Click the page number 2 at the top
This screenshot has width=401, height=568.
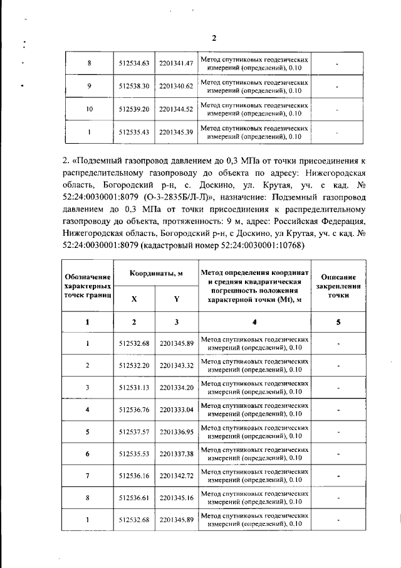click(x=214, y=38)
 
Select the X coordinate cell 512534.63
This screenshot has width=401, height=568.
click(x=133, y=63)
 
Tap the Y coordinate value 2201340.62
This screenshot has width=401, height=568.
click(x=175, y=86)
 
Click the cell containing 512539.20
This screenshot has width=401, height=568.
click(x=133, y=109)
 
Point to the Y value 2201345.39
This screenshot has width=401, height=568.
click(x=175, y=132)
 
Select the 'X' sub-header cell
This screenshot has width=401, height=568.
click(x=133, y=299)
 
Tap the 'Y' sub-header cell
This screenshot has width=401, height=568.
click(x=176, y=299)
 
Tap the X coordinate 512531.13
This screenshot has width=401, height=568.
click(x=133, y=388)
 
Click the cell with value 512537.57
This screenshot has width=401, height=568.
click(x=133, y=433)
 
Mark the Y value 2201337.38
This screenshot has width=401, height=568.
click(x=176, y=453)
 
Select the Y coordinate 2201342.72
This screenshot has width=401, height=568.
click(x=176, y=477)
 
